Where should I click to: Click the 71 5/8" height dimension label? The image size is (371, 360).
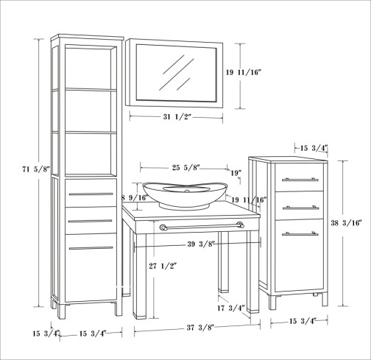click(36, 169)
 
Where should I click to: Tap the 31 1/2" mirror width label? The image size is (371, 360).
click(177, 116)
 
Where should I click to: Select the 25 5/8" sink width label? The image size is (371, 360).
click(186, 168)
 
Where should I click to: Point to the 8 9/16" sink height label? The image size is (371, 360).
click(135, 197)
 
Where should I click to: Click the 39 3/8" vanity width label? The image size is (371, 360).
click(201, 244)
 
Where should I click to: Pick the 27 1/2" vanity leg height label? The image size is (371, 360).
click(163, 266)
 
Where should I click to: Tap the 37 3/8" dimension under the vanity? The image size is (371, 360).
click(200, 328)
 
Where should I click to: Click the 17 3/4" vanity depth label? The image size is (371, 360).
click(231, 308)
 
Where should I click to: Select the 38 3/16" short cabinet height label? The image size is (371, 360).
click(346, 223)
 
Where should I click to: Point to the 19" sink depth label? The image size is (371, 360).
click(236, 173)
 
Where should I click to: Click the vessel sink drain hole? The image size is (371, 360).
click(187, 191)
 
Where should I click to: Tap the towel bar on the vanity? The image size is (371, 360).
click(202, 227)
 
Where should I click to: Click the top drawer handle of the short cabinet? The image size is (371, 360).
click(300, 180)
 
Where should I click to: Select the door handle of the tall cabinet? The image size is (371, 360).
click(91, 248)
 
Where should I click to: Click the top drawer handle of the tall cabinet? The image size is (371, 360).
click(91, 194)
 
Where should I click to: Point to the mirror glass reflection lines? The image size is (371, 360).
click(177, 73)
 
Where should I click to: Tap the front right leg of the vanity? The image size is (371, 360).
click(252, 272)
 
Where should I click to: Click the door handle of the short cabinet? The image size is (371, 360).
click(300, 234)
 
